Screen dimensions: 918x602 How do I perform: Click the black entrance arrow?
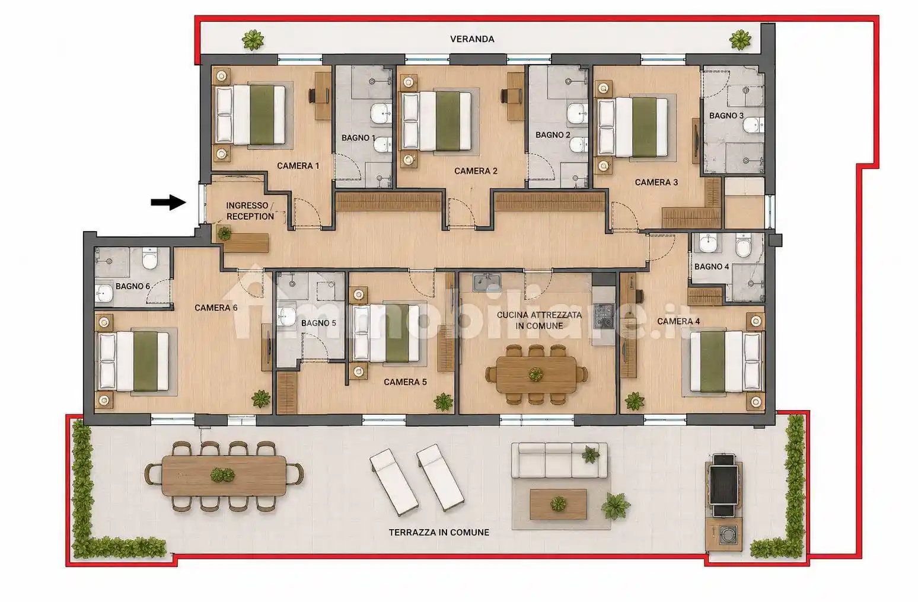point(168,202)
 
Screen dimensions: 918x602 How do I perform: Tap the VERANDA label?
point(472,39)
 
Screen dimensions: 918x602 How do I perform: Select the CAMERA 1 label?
point(298,166)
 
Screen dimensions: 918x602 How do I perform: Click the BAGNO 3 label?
point(726,116)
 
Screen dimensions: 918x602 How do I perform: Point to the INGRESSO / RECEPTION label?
point(250,211)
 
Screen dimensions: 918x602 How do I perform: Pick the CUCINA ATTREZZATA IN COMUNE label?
point(539,320)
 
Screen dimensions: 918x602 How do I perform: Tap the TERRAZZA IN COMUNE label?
point(439,533)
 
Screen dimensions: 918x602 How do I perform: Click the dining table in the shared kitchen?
point(536,374)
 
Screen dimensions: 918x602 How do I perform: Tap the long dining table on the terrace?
point(224,476)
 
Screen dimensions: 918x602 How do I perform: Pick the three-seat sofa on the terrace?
point(559,460)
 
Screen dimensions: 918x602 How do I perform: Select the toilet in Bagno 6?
point(149,258)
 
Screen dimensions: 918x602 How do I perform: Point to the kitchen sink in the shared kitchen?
point(486,283)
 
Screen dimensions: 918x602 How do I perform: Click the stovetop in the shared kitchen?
point(604,315)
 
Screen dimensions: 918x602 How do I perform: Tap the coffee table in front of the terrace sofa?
point(558,504)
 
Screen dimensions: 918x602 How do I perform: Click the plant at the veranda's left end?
point(253,40)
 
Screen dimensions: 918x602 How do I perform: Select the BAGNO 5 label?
point(318,323)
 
